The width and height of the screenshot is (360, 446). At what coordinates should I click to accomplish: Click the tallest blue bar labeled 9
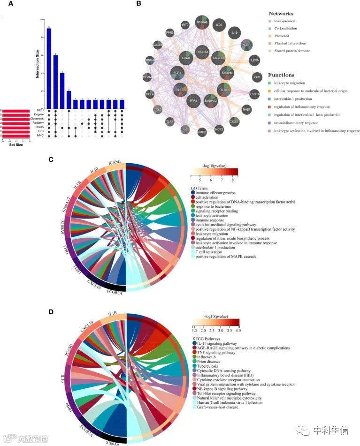pos(49,68)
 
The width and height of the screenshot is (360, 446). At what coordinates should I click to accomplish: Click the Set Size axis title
pos(15,144)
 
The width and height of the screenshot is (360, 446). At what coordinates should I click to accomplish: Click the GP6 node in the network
pos(257,76)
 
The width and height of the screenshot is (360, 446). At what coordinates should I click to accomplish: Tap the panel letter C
pos(51,159)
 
